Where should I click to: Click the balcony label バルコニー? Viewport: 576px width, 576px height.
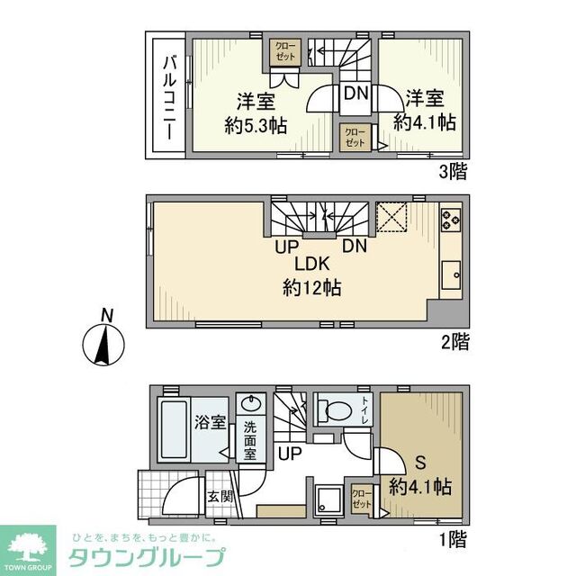(x=168, y=97)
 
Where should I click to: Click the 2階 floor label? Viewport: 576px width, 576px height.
(x=454, y=341)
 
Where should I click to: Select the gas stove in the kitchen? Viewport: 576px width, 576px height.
(x=450, y=219)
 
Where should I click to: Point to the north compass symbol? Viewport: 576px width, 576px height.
(x=106, y=343)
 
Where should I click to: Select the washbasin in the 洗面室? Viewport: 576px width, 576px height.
(x=248, y=404)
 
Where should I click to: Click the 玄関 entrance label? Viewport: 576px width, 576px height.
(x=220, y=495)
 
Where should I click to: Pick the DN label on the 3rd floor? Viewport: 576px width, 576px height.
(x=354, y=91)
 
